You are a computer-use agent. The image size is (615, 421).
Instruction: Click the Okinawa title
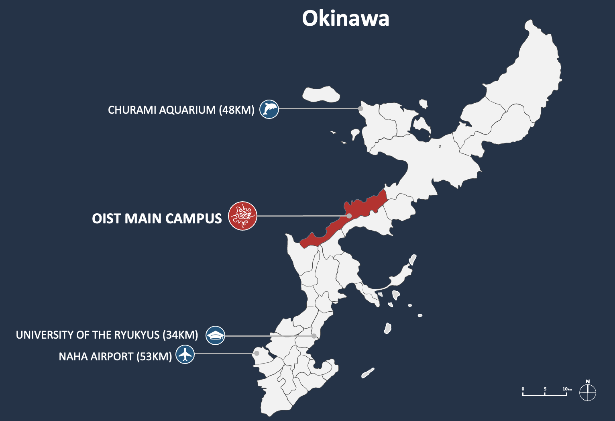[x=345, y=18]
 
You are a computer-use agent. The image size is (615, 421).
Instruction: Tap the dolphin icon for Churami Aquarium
[x=269, y=109]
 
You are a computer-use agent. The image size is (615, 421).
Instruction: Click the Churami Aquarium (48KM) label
[x=181, y=110]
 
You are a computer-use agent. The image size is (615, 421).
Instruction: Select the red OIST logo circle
[x=242, y=216]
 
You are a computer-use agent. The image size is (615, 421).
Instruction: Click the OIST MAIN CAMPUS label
[x=157, y=219]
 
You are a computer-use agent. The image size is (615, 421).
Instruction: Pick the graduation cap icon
[x=215, y=335]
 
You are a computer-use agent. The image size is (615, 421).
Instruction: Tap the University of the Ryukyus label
[x=107, y=335]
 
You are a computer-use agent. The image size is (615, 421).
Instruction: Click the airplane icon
[x=185, y=354]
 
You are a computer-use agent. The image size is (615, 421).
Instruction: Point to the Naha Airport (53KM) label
[x=115, y=357]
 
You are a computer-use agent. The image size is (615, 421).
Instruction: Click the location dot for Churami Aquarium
[x=360, y=108]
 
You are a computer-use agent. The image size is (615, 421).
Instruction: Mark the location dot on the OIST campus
[x=349, y=216]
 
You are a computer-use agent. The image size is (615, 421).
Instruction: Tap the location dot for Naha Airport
[x=257, y=354]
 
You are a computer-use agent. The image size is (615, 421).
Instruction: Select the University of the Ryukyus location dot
[x=314, y=336]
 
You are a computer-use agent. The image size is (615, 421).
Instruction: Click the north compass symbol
[x=588, y=392]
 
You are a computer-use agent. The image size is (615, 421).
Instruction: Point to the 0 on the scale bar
[x=523, y=389]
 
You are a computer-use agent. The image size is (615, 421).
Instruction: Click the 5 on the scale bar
[x=545, y=389]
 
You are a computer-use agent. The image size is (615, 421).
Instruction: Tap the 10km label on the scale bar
[x=566, y=389]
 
